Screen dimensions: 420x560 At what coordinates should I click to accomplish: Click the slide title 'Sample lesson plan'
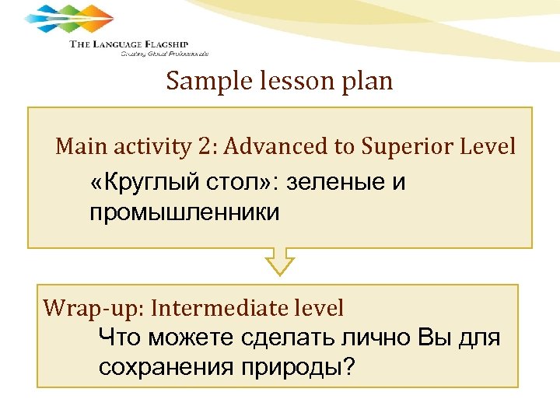279,82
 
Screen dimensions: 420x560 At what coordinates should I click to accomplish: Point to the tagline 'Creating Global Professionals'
164,54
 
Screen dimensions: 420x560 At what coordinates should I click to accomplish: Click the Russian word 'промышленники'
184,212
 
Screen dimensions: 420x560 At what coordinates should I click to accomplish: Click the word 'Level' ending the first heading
491,146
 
